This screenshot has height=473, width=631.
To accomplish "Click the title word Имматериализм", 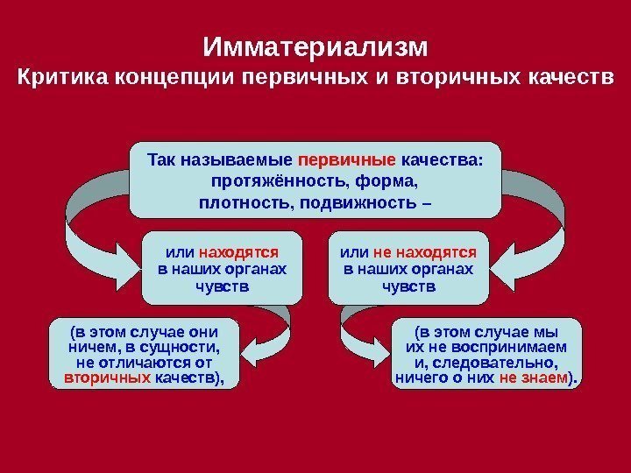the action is point(315,45).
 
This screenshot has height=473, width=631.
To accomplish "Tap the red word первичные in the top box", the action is point(347,161).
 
